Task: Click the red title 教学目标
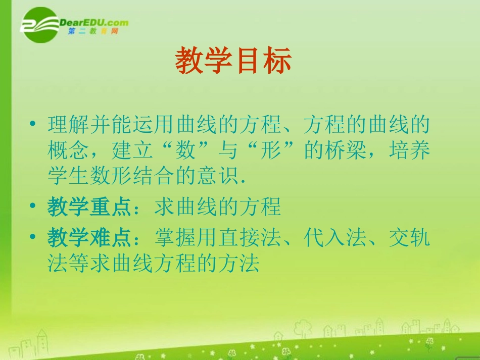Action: click(233, 60)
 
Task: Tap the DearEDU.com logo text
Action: click(93, 23)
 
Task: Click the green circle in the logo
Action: click(40, 25)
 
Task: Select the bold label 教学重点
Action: click(89, 207)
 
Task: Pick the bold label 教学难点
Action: click(89, 238)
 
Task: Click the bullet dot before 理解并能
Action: click(32, 124)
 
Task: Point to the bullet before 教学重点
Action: click(32, 205)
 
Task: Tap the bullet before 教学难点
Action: click(32, 236)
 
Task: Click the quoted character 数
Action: click(185, 150)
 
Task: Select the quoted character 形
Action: click(271, 150)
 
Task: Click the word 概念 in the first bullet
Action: click(68, 150)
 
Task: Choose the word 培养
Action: click(410, 150)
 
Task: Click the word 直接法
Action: click(250, 238)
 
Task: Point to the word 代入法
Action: click(335, 238)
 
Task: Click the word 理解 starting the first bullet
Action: click(68, 124)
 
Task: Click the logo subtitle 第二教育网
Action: click(93, 31)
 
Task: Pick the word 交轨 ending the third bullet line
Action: click(410, 238)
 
